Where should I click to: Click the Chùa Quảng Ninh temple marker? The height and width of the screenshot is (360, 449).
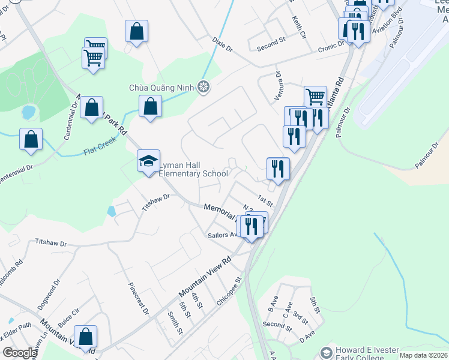[x=204, y=88]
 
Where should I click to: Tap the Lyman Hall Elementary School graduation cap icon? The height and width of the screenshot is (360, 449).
[x=148, y=161]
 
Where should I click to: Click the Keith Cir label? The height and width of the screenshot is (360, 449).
[x=298, y=27]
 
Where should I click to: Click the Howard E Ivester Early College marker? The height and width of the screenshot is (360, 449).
[x=327, y=352]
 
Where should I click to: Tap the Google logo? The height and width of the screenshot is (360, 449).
[x=20, y=352]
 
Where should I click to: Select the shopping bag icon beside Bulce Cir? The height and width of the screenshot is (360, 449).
[x=86, y=337]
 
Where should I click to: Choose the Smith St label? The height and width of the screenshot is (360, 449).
[x=175, y=323]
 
